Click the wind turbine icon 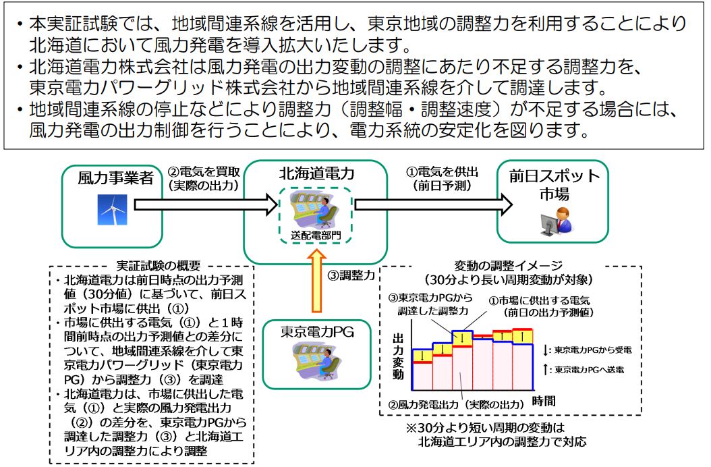coord(112,210)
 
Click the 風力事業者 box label coord(115,178)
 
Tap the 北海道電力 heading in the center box coord(316,173)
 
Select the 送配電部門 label coord(316,235)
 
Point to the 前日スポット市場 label coord(554,185)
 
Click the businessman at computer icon coord(556,221)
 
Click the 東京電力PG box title coord(317,332)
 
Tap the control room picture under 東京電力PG coord(316,361)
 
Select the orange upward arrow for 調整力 coord(316,281)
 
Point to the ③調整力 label coord(351,275)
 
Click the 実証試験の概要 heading coord(159,265)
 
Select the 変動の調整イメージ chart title coord(509,265)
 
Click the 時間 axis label coord(544,401)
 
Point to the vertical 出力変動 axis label coord(398,356)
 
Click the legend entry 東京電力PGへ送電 coord(584,370)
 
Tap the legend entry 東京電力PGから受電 coord(587,350)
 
